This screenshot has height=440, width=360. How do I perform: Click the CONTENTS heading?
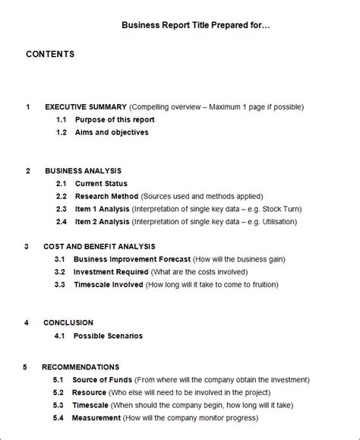(x=50, y=54)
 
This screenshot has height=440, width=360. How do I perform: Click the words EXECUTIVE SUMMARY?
(x=86, y=107)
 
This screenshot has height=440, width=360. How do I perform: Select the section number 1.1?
(x=62, y=120)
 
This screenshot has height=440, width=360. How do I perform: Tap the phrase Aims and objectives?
(x=112, y=132)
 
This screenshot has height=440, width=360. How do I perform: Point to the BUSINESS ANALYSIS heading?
(x=83, y=171)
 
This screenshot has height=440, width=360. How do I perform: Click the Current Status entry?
(x=101, y=184)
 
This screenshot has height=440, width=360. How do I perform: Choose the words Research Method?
(x=106, y=196)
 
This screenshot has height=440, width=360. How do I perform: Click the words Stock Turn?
(x=271, y=209)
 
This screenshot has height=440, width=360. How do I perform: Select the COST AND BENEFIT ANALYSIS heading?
(x=99, y=246)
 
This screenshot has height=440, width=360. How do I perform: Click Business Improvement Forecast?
(x=132, y=259)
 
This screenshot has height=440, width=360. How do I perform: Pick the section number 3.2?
(x=59, y=271)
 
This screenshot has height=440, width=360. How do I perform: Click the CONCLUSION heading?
(x=68, y=323)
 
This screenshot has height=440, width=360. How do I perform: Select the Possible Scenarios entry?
(x=108, y=336)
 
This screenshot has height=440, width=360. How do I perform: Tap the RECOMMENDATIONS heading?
(x=81, y=367)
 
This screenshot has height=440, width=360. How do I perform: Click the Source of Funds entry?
(x=102, y=380)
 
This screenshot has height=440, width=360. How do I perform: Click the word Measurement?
(x=96, y=418)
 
